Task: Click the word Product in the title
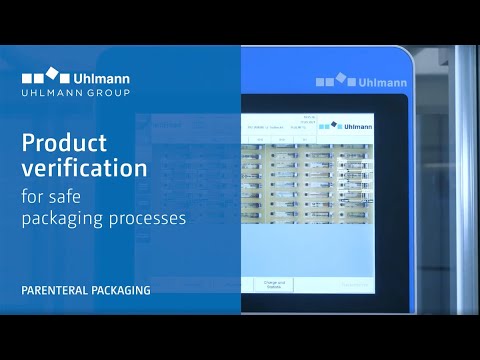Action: [66, 140]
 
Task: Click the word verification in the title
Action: [82, 166]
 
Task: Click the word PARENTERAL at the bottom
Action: [56, 291]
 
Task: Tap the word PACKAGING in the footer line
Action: [123, 291]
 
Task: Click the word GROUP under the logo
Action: [106, 93]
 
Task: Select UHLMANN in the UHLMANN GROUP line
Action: [49, 93]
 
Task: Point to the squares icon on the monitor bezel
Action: [333, 79]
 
